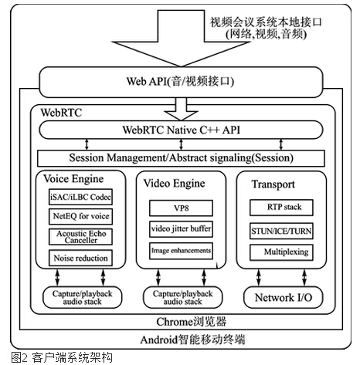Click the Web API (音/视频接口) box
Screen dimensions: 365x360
pyautogui.click(x=179, y=81)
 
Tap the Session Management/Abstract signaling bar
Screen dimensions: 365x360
pyautogui.click(x=179, y=157)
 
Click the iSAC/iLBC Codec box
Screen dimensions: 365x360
pyautogui.click(x=80, y=198)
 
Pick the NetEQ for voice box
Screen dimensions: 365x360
pyautogui.click(x=80, y=218)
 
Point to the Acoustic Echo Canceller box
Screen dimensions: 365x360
pyautogui.click(x=80, y=237)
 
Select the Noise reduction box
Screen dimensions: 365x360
pyautogui.click(x=80, y=258)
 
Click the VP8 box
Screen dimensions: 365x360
pyautogui.click(x=181, y=208)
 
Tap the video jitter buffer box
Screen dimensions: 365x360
pyautogui.click(x=181, y=229)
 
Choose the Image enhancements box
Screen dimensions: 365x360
pyautogui.click(x=181, y=250)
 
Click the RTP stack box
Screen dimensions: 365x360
pyautogui.click(x=280, y=208)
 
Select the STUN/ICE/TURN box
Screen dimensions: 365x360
pyautogui.click(x=280, y=230)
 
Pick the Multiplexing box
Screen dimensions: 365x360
pyautogui.click(x=280, y=252)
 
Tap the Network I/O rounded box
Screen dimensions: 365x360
pyautogui.click(x=280, y=297)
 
